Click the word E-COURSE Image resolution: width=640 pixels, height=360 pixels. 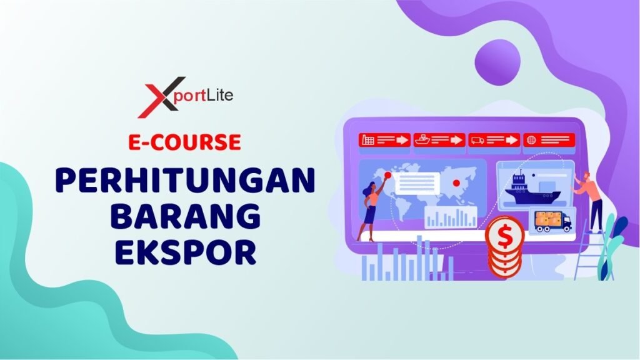(184, 142)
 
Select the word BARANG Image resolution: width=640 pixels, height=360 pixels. (185, 216)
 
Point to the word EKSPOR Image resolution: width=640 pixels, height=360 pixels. (185, 252)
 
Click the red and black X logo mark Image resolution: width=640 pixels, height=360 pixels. (161, 97)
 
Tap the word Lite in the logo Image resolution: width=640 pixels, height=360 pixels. (219, 95)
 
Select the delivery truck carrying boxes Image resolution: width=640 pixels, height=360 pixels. (553, 222)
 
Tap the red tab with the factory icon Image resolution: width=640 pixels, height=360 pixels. (384, 140)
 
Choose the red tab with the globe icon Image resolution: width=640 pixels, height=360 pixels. (549, 140)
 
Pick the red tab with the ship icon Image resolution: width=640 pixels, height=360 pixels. (439, 140)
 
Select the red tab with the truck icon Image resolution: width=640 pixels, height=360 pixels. (494, 140)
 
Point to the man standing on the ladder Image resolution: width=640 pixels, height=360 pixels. (591, 201)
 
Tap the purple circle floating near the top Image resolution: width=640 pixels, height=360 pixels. (497, 62)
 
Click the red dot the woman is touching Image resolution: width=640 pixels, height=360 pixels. (387, 175)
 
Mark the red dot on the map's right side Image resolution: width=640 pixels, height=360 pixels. (456, 183)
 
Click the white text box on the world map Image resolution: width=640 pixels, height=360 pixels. (417, 184)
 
